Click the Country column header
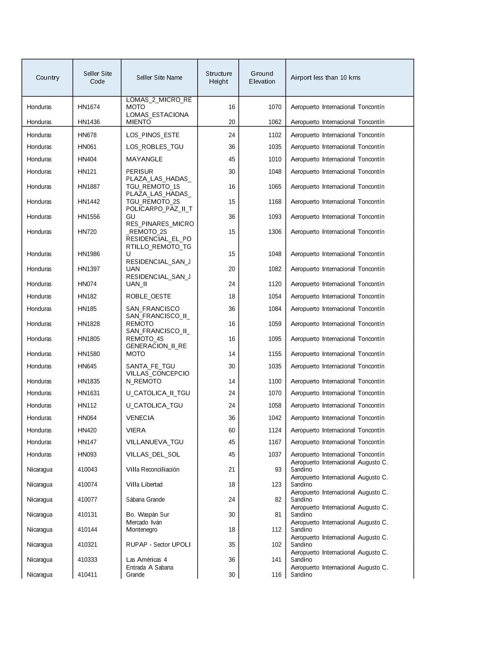[x=47, y=78]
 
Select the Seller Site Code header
[x=97, y=78]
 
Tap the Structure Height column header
[x=219, y=78]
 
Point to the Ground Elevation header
[x=262, y=78]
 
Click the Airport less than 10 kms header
[x=325, y=78]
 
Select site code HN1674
[x=89, y=107]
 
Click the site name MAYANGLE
[x=144, y=159]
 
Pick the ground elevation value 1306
[x=274, y=232]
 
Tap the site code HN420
[x=87, y=430]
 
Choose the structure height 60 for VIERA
[x=232, y=430]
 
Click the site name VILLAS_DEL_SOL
[x=153, y=454]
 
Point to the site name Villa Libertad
[x=144, y=485]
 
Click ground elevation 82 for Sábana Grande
[x=278, y=500]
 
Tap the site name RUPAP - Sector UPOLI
[x=158, y=545]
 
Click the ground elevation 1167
[x=274, y=442]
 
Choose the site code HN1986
[x=89, y=254]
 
